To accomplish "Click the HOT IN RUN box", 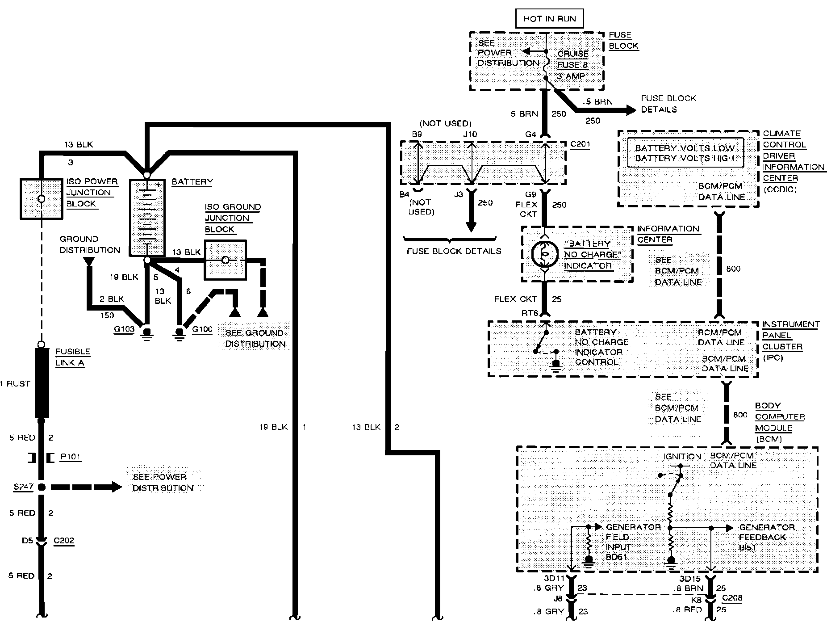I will coord(549,19).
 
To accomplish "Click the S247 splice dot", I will coord(42,487).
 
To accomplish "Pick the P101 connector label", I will coord(71,457).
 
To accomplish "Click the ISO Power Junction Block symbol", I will coord(41,199).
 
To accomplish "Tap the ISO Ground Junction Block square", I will coord(225,260).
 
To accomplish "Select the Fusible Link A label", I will coord(72,357).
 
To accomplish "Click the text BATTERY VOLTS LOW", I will coord(685,148).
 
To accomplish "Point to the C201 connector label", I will coord(580,144).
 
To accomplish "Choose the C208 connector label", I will coord(731,598).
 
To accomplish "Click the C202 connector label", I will coord(63,541).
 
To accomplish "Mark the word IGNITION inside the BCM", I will coord(682,456).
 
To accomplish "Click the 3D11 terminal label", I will coord(554,578).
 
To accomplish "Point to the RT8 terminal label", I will coord(530,313).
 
